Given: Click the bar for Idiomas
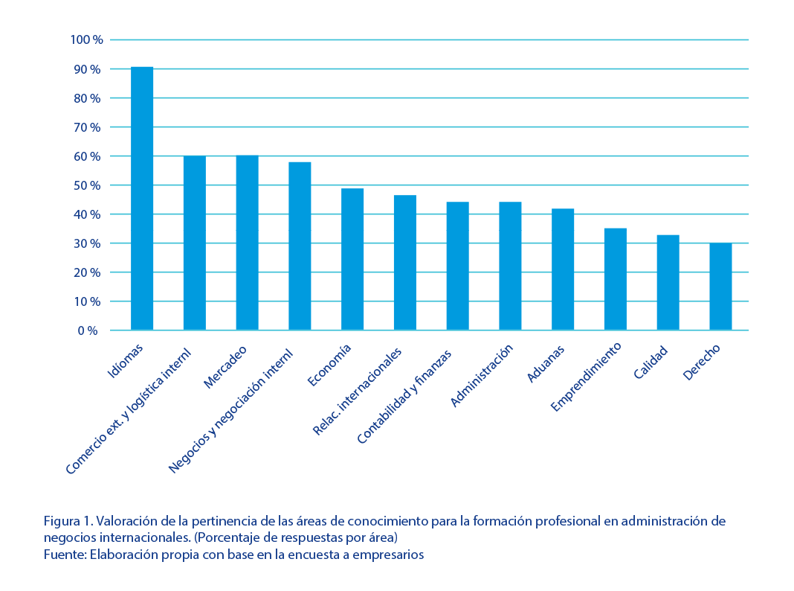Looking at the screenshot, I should pyautogui.click(x=142, y=198).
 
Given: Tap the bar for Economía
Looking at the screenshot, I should pyautogui.click(x=352, y=259).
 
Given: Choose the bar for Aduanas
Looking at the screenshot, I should pyautogui.click(x=563, y=269).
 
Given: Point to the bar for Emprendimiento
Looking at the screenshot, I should pyautogui.click(x=615, y=279).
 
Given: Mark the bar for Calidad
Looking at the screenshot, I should pyautogui.click(x=668, y=282).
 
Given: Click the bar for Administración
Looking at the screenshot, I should pyautogui.click(x=510, y=266).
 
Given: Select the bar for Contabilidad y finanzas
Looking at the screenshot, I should pyautogui.click(x=457, y=266).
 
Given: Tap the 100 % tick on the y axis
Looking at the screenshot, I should pyautogui.click(x=86, y=39).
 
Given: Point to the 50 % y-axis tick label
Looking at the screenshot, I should pyautogui.click(x=86, y=185).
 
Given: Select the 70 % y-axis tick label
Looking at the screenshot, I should pyautogui.click(x=86, y=127).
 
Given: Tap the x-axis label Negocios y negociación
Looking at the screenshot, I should pyautogui.click(x=231, y=409).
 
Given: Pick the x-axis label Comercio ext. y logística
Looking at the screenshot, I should pyautogui.click(x=128, y=411).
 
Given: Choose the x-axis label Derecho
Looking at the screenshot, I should pyautogui.click(x=701, y=362).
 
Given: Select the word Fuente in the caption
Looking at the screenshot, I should pyautogui.click(x=62, y=555).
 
